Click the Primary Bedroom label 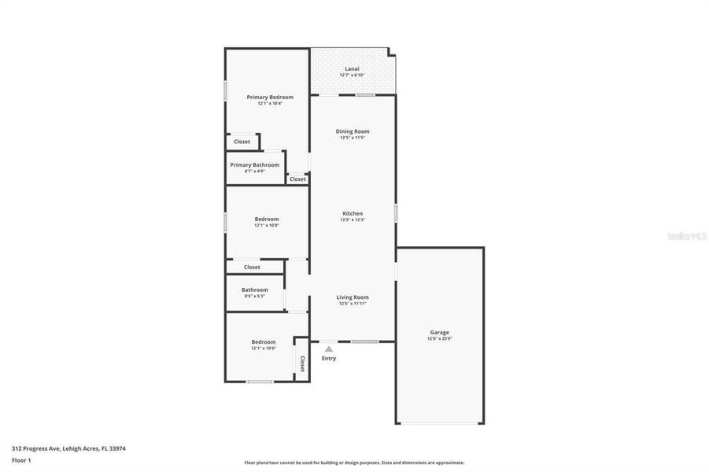(270, 97)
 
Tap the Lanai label (351, 68)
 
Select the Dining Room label (353, 131)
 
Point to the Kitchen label (353, 214)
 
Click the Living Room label (353, 297)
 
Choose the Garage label (439, 332)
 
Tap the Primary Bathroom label (254, 165)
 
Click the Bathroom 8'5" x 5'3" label (254, 289)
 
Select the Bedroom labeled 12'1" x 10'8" (266, 219)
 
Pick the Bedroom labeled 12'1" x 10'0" (264, 341)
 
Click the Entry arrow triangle (329, 348)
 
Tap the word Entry (329, 359)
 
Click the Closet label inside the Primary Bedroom (242, 142)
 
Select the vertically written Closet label (302, 363)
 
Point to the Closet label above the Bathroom (252, 267)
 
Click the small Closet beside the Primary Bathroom (297, 179)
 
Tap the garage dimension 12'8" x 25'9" (439, 338)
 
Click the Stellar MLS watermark (687, 235)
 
